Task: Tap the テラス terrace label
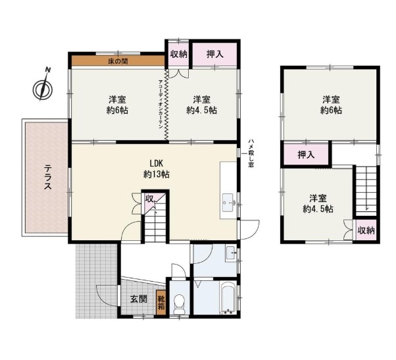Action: (47, 177)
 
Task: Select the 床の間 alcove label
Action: (118, 61)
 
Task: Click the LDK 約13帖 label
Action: (157, 168)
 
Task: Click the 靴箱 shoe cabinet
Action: (161, 303)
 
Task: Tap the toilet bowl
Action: (180, 304)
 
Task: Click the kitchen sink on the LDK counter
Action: (229, 203)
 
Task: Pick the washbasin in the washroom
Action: (232, 253)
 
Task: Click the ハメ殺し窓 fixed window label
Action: (251, 153)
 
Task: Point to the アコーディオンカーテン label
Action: (161, 105)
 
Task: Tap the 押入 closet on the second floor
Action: (306, 155)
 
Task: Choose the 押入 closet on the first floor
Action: (215, 54)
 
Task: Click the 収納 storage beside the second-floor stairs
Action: (366, 230)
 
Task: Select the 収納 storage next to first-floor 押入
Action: (178, 54)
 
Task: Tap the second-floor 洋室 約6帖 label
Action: (331, 105)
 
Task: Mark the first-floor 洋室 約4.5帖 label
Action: (202, 105)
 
